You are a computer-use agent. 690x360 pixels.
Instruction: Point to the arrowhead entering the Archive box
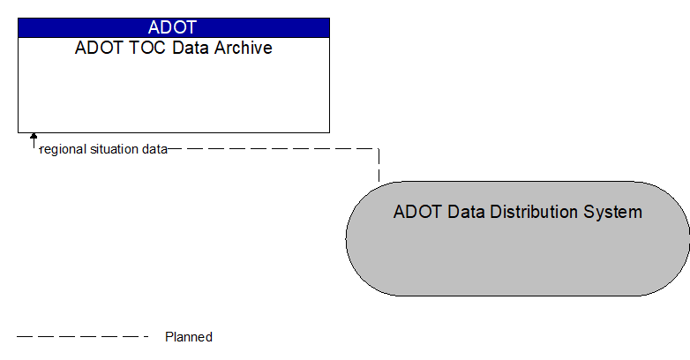point(34,138)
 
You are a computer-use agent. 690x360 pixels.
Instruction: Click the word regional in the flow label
point(64,149)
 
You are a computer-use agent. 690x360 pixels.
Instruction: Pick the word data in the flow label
point(154,149)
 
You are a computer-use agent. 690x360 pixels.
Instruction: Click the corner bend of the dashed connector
point(379,149)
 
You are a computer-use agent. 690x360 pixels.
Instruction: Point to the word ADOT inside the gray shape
point(414,212)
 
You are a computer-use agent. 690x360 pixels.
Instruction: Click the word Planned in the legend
point(189,337)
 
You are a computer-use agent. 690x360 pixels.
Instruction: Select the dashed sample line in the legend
point(83,337)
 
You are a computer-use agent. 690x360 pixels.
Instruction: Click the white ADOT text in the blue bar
point(173,27)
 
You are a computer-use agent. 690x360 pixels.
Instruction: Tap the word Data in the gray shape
point(458,212)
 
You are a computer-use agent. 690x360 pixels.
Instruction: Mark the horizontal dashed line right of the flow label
point(274,149)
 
